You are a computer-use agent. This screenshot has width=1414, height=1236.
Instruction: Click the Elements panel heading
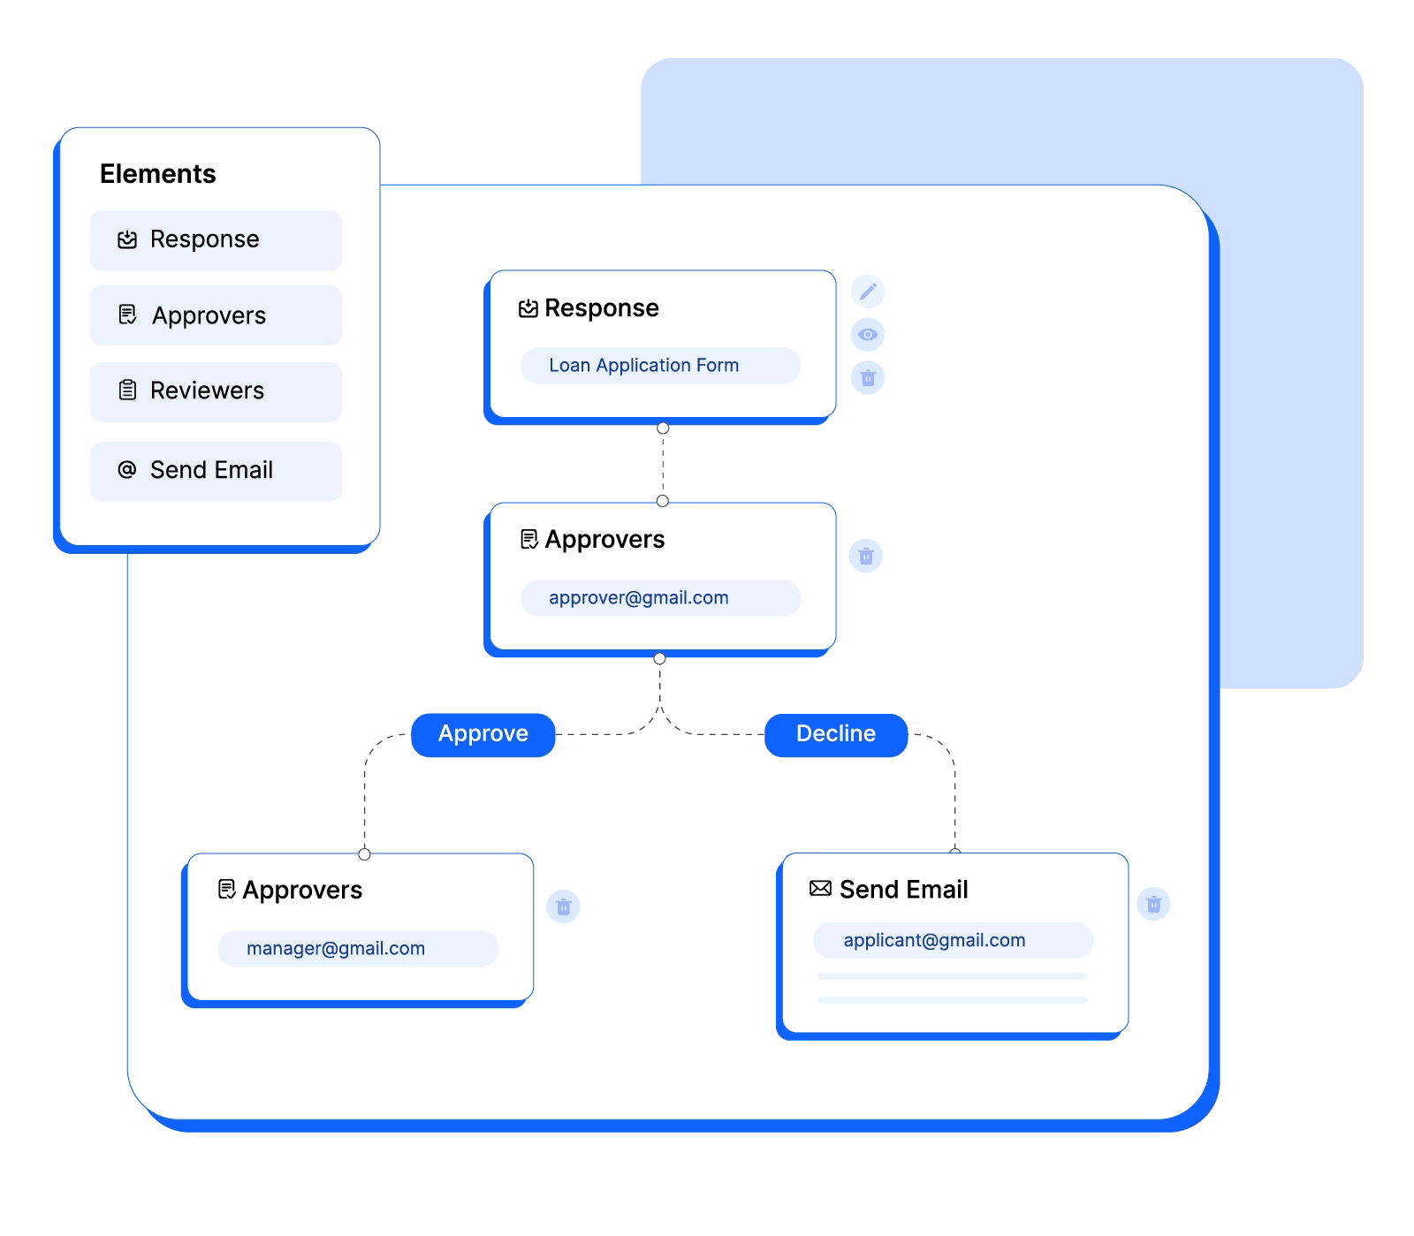click(x=157, y=174)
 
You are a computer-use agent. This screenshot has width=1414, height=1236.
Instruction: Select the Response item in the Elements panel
click(x=216, y=240)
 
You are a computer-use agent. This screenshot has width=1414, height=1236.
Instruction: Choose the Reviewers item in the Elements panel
click(x=216, y=391)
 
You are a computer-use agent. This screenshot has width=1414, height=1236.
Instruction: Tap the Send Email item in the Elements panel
click(x=216, y=471)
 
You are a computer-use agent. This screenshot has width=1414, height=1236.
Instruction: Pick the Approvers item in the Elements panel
click(x=216, y=315)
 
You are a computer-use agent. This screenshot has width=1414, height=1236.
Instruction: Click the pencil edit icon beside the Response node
click(x=868, y=292)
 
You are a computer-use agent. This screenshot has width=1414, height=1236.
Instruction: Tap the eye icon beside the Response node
click(x=868, y=335)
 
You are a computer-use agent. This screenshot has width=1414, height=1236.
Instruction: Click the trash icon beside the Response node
click(x=868, y=378)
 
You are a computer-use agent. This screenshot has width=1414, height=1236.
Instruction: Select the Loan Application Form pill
click(x=661, y=366)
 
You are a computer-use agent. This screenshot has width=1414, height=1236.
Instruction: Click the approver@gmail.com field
click(x=661, y=598)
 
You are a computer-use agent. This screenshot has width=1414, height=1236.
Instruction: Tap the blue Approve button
click(x=483, y=735)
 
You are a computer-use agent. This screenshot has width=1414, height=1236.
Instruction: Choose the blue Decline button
click(x=836, y=735)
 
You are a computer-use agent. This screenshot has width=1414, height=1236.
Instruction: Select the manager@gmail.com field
click(x=359, y=949)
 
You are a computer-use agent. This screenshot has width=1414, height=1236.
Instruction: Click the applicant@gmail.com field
click(x=954, y=940)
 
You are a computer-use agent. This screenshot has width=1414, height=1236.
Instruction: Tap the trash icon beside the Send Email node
click(x=1153, y=904)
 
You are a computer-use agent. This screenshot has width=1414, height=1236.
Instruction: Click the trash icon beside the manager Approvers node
click(x=563, y=906)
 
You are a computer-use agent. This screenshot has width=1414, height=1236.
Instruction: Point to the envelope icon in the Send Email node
click(x=821, y=889)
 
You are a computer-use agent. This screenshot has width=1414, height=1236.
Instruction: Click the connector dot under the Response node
click(x=663, y=428)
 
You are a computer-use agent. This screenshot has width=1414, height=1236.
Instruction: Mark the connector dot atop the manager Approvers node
click(x=364, y=854)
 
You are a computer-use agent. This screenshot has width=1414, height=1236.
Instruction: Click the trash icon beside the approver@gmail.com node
click(x=866, y=556)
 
